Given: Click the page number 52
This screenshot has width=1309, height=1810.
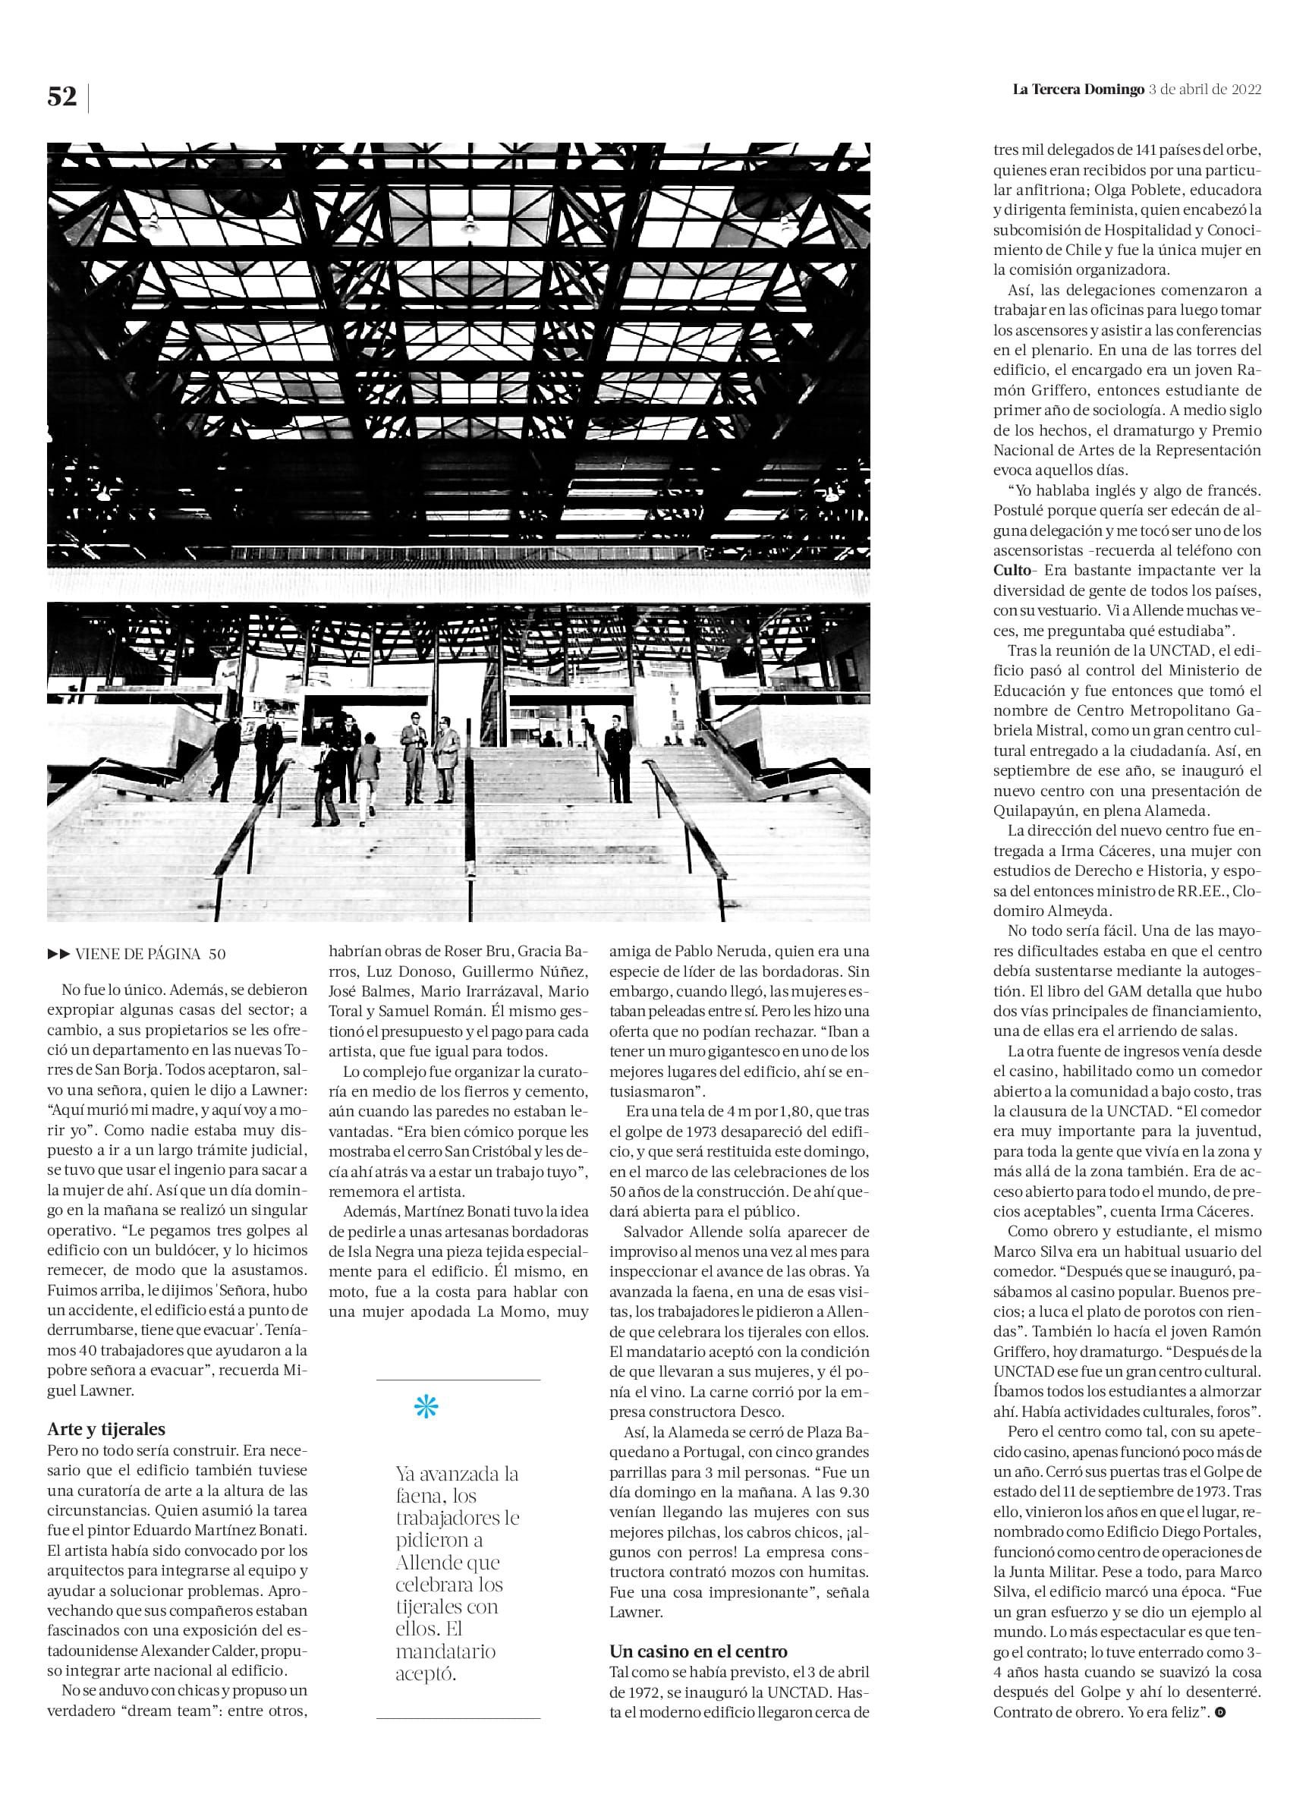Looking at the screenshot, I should (62, 97).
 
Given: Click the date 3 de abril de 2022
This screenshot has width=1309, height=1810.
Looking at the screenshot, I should (1204, 90).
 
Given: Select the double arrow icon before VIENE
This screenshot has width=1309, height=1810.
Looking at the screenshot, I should (59, 954).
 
